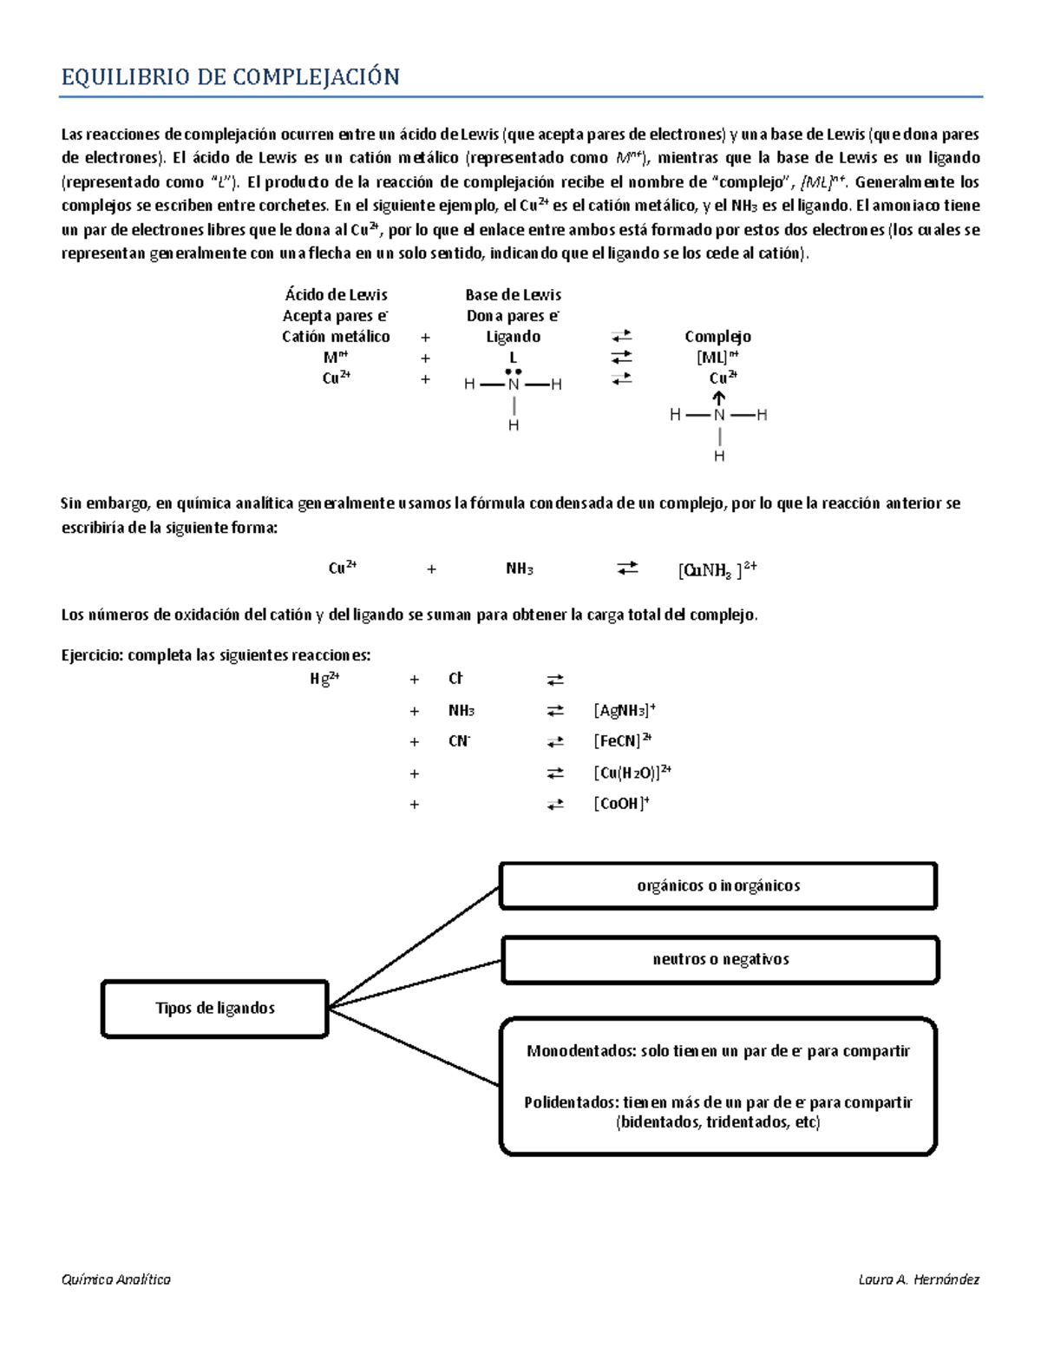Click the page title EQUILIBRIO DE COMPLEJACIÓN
coord(230,77)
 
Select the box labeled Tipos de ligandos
coord(214,1008)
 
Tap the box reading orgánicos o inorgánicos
coord(718,885)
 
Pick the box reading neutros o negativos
coord(720,959)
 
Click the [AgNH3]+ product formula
coord(624,710)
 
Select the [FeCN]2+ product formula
coord(622,741)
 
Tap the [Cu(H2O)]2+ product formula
coord(632,773)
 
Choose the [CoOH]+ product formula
coord(621,804)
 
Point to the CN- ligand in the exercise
coord(459,741)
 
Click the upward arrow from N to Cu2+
coord(719,398)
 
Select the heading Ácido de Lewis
coord(336,295)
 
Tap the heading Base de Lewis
coord(513,295)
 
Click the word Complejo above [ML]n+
coord(717,337)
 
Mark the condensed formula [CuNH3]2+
coord(717,569)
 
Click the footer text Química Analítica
coord(115,1279)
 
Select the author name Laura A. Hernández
coord(919,1279)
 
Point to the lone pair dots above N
coord(513,372)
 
